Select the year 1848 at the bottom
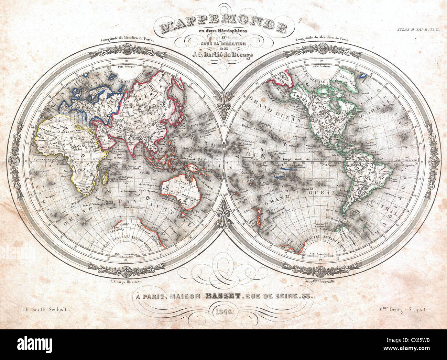pyautogui.click(x=223, y=312)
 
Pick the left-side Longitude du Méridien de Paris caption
pyautogui.click(x=128, y=40)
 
